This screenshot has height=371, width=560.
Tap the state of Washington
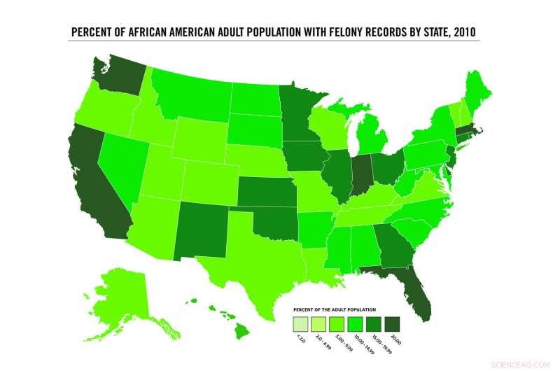pyautogui.click(x=115, y=81)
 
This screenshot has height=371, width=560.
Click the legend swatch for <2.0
pyautogui.click(x=301, y=325)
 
